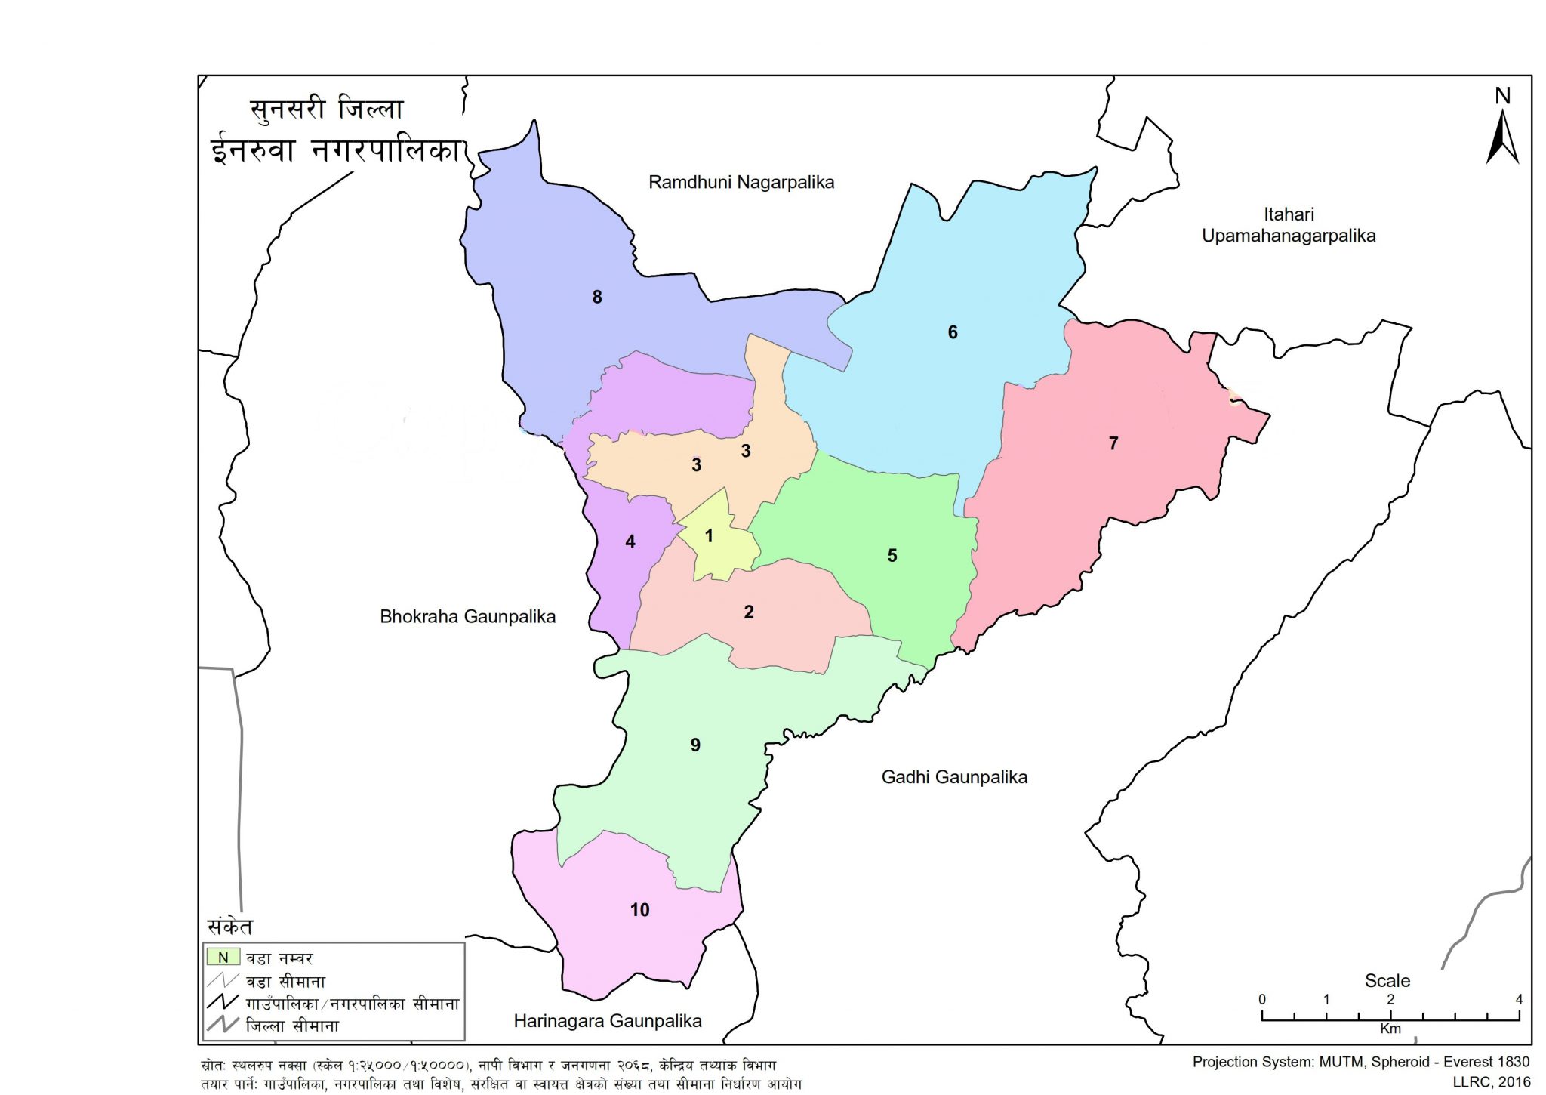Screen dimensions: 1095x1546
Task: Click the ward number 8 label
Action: [597, 298]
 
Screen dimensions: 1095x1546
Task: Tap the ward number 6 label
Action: [953, 332]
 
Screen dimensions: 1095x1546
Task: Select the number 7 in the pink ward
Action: [1113, 443]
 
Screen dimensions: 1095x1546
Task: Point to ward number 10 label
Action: [639, 910]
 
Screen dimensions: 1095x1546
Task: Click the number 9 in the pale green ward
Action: [695, 745]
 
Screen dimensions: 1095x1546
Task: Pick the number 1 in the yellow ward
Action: [709, 536]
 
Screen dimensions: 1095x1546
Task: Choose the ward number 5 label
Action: [892, 556]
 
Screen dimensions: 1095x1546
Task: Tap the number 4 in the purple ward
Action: [630, 541]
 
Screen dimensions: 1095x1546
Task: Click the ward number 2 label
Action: [749, 612]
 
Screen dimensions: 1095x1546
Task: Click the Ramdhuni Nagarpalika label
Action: [741, 182]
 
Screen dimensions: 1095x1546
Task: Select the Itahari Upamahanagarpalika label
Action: [1289, 225]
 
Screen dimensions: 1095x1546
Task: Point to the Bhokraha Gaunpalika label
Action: [467, 616]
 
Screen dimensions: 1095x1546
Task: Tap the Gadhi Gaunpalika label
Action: [954, 777]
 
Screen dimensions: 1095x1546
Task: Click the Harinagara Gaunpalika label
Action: [608, 1021]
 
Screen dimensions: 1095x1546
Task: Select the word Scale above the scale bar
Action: [1387, 980]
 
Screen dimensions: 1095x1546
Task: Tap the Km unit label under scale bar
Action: [1390, 1029]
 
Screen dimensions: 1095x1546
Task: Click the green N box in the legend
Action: [223, 958]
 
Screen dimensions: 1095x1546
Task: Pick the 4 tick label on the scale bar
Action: [1519, 999]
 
